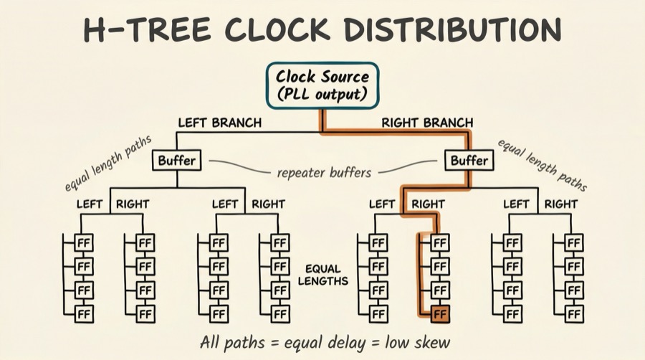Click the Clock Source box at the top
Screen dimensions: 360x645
pyautogui.click(x=322, y=85)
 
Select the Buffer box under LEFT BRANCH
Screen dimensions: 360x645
pyautogui.click(x=176, y=160)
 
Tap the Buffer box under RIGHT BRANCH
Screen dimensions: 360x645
pyautogui.click(x=469, y=160)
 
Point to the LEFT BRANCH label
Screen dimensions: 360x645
pyautogui.click(x=219, y=123)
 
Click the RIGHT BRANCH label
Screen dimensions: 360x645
pyautogui.click(x=427, y=123)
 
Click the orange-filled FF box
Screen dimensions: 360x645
pyautogui.click(x=440, y=313)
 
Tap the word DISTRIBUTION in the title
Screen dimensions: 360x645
pyautogui.click(x=451, y=30)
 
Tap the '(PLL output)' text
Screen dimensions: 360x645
pyautogui.click(x=322, y=94)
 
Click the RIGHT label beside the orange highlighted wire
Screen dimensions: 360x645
pyautogui.click(x=428, y=204)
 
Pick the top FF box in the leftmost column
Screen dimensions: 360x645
pyautogui.click(x=85, y=242)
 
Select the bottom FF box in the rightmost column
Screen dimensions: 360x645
pyautogui.click(x=573, y=313)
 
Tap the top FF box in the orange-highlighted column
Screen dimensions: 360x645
pyautogui.click(x=440, y=242)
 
